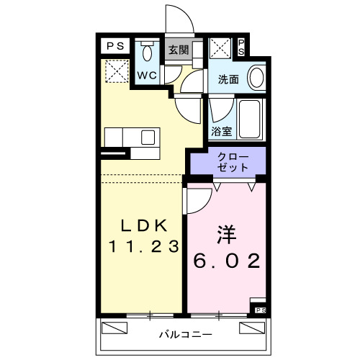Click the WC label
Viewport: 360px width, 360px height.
point(148,75)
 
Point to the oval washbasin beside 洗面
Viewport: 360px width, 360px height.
point(255,77)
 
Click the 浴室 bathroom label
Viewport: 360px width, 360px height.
point(222,132)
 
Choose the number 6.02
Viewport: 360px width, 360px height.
point(226,261)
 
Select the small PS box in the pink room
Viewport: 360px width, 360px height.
point(260,310)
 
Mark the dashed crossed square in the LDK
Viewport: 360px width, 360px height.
point(115,71)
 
